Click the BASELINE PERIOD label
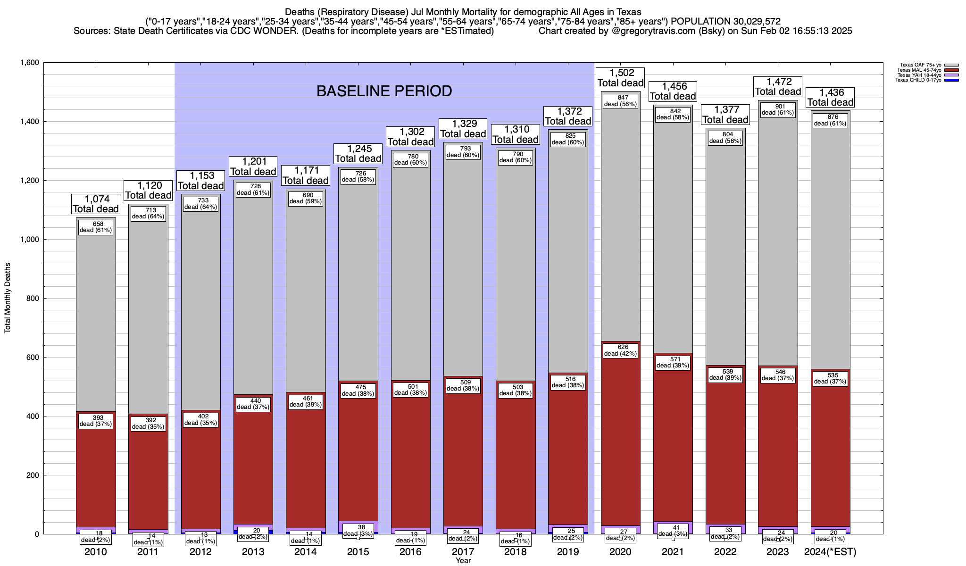coord(384,91)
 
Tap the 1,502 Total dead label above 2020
coord(620,78)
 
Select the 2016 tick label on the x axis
coord(410,552)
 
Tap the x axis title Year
coord(463,561)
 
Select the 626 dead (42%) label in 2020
coord(620,350)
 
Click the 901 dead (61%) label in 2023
coord(778,109)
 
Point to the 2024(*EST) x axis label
coord(830,552)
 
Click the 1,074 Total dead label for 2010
coord(96,204)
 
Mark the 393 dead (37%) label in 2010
coord(96,420)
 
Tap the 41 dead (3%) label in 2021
coord(673,530)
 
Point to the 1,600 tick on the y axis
coord(29,63)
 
